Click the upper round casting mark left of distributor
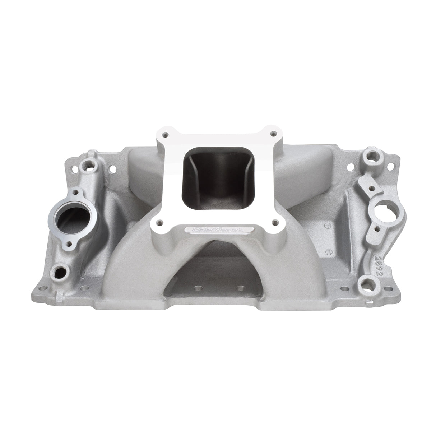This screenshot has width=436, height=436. [326, 226]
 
